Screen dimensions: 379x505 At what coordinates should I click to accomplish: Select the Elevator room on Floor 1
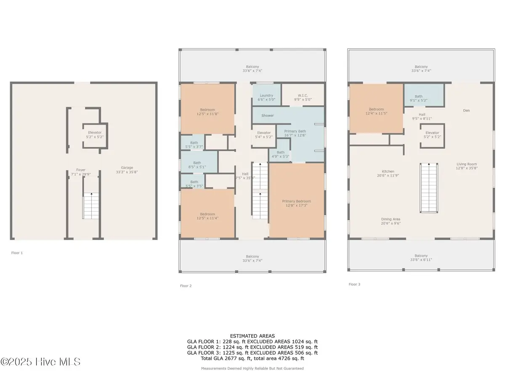point(95,135)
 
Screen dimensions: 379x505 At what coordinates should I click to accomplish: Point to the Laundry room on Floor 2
point(266,97)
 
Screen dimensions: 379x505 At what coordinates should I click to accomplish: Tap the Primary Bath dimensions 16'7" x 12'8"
point(295,135)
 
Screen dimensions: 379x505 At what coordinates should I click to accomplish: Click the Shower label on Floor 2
point(267,115)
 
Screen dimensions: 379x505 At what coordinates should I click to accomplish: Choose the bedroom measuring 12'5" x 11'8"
point(207,112)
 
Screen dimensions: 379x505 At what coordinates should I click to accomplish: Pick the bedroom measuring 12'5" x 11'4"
point(207,216)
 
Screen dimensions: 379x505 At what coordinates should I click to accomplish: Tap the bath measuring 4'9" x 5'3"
point(280,155)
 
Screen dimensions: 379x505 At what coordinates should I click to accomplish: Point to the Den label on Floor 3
point(466,111)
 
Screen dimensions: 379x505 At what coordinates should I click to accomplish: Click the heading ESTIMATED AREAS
point(252,336)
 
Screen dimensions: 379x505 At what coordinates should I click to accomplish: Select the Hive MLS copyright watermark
point(40,362)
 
